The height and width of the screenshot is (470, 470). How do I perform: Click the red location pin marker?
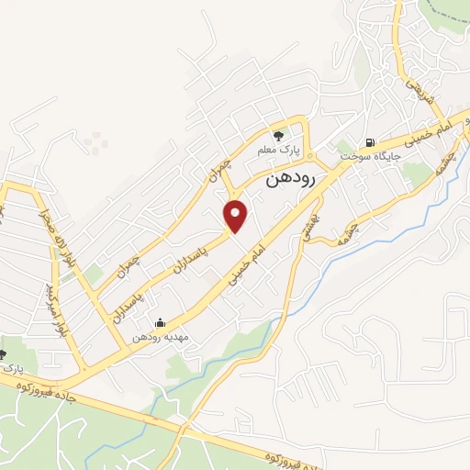pyautogui.click(x=236, y=215)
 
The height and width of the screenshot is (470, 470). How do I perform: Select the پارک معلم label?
pyautogui.click(x=287, y=150)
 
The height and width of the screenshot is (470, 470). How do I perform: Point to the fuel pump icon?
pyautogui.click(x=370, y=142)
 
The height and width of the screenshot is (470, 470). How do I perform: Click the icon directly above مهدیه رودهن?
pyautogui.click(x=161, y=322)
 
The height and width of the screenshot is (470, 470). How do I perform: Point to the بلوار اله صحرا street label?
pyautogui.click(x=53, y=233)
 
